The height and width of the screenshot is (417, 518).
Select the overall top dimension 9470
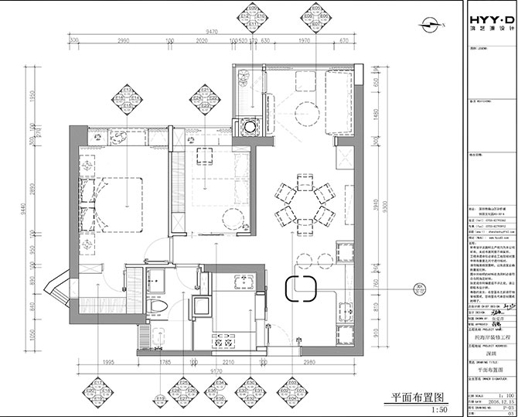tap(210, 31)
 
